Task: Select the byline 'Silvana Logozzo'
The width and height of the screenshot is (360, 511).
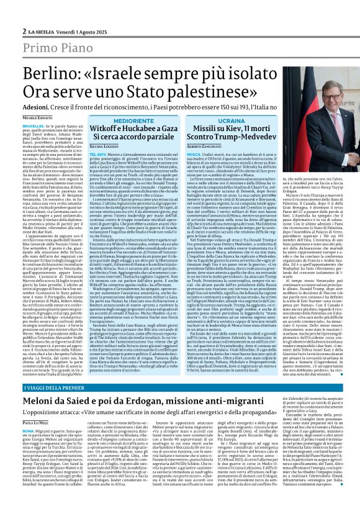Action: tap(107, 144)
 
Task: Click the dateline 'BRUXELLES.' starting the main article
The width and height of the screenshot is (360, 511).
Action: tap(34, 125)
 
